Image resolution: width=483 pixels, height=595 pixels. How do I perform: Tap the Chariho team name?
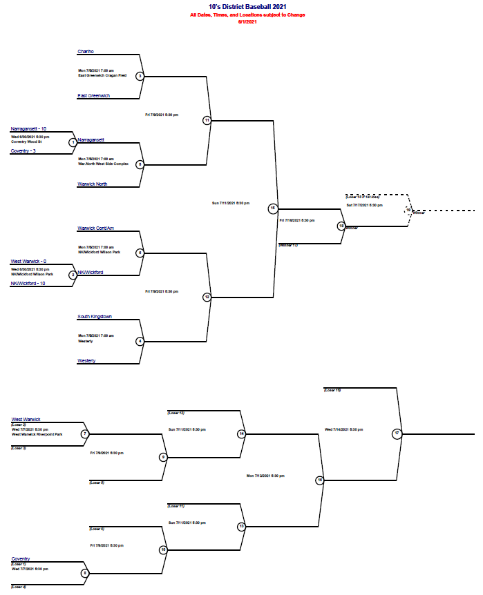click(86, 52)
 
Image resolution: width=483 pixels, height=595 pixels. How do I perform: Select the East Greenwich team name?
click(94, 96)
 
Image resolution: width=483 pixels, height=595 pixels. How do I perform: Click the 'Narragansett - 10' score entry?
click(28, 129)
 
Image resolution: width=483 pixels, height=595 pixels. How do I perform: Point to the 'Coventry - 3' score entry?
click(24, 151)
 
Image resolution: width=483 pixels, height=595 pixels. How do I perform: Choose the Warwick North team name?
click(93, 184)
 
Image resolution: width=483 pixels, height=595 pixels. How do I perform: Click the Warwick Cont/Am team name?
click(95, 228)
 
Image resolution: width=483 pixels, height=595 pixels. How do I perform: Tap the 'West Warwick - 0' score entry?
click(28, 262)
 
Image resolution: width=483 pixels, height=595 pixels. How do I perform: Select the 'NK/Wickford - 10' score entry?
click(28, 284)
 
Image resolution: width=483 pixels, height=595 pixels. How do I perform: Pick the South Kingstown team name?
click(95, 317)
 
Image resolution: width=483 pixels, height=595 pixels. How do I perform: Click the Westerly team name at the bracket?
click(87, 361)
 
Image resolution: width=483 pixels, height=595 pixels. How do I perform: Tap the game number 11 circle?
click(207, 120)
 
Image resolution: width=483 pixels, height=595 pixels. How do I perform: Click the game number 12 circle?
click(207, 297)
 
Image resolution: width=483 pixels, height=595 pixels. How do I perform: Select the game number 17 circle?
click(397, 433)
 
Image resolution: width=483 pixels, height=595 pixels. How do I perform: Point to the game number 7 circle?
click(85, 434)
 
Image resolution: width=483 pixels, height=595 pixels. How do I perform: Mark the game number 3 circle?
click(140, 76)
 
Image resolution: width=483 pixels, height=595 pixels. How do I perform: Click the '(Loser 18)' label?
click(332, 390)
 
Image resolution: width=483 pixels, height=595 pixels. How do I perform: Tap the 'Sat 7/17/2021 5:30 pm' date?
click(364, 205)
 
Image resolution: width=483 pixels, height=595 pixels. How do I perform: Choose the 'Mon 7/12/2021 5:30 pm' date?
click(265, 476)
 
